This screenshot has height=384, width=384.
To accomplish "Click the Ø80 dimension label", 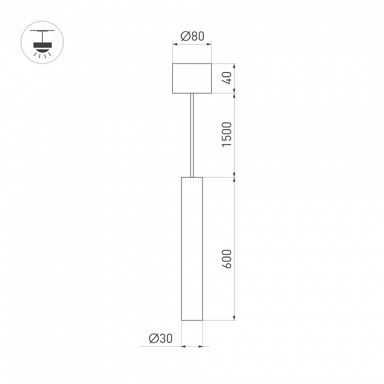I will pos(193,36).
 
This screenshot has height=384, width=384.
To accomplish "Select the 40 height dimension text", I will pos(228,79).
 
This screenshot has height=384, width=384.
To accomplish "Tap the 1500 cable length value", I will pos(228,135).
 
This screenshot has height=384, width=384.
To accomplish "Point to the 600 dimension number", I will pos(228,259).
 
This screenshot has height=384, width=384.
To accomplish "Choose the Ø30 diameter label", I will pos(161,338).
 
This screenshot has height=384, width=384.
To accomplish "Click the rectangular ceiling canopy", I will pos(192,79).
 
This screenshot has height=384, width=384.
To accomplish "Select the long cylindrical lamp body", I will pos(192,249).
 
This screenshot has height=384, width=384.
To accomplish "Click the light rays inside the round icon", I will pos(42,53).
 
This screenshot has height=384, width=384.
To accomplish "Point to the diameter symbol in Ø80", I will pos(185,36).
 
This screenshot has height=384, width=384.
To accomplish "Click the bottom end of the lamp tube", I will pos(192,319).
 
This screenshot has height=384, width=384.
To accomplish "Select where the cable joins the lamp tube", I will pos(192,177).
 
